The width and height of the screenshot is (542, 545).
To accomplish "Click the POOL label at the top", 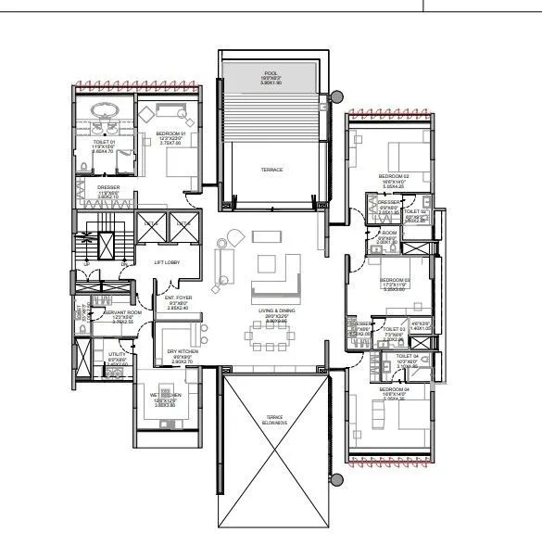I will pos(271,71).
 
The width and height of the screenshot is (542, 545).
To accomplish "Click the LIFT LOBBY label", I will pos(167,262).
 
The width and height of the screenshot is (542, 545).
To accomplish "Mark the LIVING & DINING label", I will pos(272,312).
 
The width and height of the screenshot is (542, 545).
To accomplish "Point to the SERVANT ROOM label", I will pos(122,313).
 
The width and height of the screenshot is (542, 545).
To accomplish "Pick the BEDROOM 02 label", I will pos(393,176).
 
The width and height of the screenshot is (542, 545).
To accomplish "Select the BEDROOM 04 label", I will pos(393,389).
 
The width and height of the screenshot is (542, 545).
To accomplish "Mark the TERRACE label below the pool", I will pos(271,170).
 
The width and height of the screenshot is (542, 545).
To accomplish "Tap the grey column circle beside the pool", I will pos(335,94).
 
